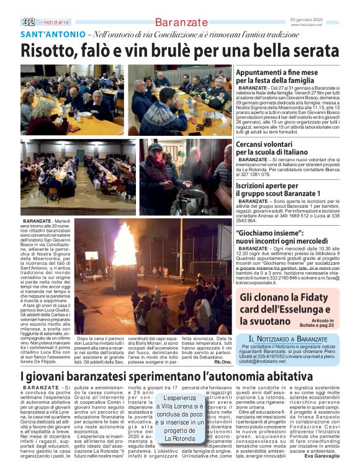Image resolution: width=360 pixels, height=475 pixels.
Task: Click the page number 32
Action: click(x=29, y=22)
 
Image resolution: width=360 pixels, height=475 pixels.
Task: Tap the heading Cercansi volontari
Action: click(x=268, y=148)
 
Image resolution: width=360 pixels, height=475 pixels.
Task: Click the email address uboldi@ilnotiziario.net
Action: click(x=261, y=361)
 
